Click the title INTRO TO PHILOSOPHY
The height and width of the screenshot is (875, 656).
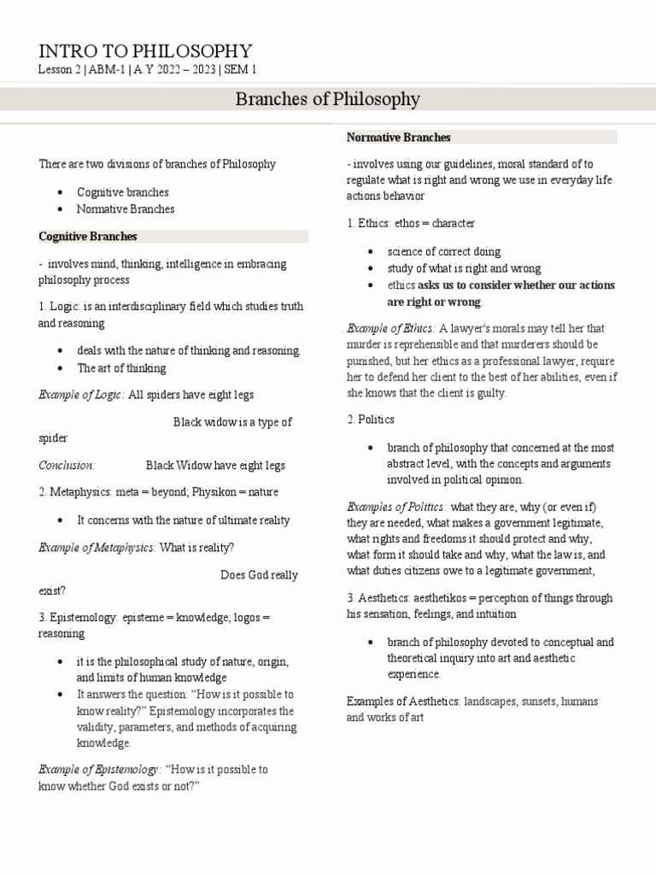click(x=145, y=50)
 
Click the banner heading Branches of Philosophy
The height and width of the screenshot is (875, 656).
click(x=327, y=99)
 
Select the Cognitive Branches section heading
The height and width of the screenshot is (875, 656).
click(x=88, y=237)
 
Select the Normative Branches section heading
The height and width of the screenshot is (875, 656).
click(x=398, y=138)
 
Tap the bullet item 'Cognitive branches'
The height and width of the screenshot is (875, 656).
click(x=122, y=192)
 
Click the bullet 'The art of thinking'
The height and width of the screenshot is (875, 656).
click(x=121, y=368)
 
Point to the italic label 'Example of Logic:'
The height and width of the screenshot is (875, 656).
click(x=81, y=395)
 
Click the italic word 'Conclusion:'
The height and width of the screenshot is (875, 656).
click(x=67, y=466)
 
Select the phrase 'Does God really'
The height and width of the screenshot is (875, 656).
click(x=259, y=575)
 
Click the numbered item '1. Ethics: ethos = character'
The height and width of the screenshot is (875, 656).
click(x=411, y=224)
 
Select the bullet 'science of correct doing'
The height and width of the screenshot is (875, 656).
click(x=443, y=252)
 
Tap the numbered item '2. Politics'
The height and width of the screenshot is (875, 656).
click(x=371, y=420)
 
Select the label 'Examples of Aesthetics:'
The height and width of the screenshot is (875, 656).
click(x=403, y=702)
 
